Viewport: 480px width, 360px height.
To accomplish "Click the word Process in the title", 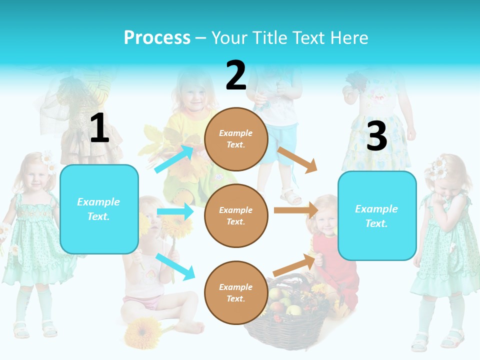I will pyautogui.click(x=157, y=38).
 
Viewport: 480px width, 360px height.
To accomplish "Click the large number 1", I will pyautogui.click(x=99, y=128).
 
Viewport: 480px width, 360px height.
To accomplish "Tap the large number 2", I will pyautogui.click(x=236, y=75).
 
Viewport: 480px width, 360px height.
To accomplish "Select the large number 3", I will pyautogui.click(x=376, y=136).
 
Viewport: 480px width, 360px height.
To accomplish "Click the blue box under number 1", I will pyautogui.click(x=99, y=209).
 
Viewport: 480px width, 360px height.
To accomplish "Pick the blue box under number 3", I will pyautogui.click(x=377, y=215).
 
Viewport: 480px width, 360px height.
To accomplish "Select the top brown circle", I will pyautogui.click(x=236, y=139).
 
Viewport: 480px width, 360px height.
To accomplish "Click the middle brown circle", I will pyautogui.click(x=236, y=215).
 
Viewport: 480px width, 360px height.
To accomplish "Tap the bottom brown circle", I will pyautogui.click(x=236, y=292).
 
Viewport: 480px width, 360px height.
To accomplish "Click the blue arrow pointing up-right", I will pyautogui.click(x=174, y=159).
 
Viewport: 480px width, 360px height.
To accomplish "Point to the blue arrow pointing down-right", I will pyautogui.click(x=175, y=266).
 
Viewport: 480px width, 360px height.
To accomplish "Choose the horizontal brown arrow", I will pyautogui.click(x=295, y=210).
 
